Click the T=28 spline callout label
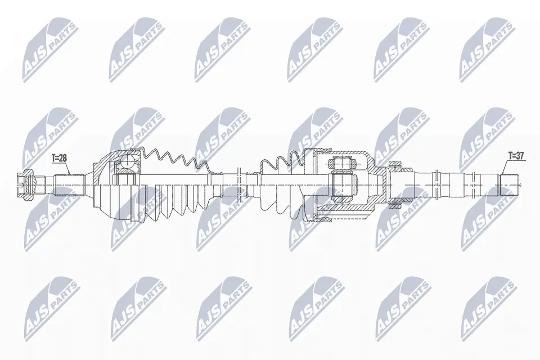point(59,159)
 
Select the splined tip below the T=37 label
point(510,185)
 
